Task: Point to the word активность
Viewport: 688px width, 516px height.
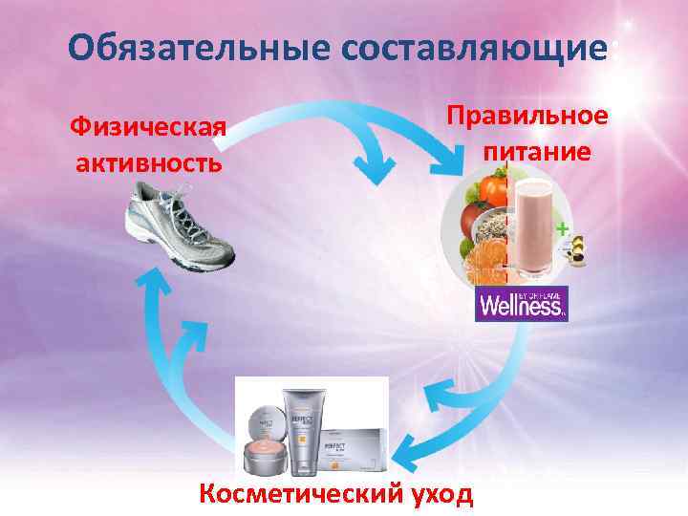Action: [x=149, y=162]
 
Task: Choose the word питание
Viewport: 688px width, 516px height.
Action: [x=537, y=151]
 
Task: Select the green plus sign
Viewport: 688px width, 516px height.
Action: [x=563, y=229]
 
